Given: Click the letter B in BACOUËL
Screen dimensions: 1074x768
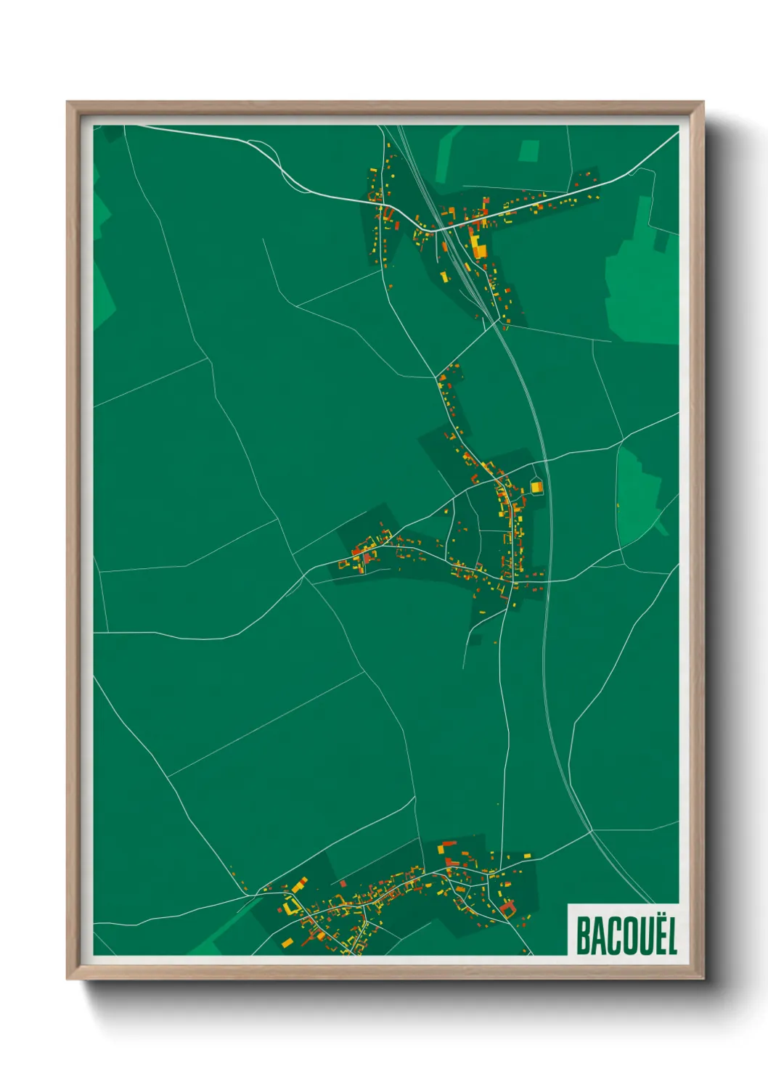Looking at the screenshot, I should [583, 936].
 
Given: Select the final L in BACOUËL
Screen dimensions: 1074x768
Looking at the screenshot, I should [670, 936].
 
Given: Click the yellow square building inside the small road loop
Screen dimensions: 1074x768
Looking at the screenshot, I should [536, 487].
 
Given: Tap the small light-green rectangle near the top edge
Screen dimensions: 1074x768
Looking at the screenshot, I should [529, 151].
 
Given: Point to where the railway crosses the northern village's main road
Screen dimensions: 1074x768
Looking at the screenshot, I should [441, 227].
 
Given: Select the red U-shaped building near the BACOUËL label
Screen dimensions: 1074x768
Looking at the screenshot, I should [507, 908].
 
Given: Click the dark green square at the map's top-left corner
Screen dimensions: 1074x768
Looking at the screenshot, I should [110, 134].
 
